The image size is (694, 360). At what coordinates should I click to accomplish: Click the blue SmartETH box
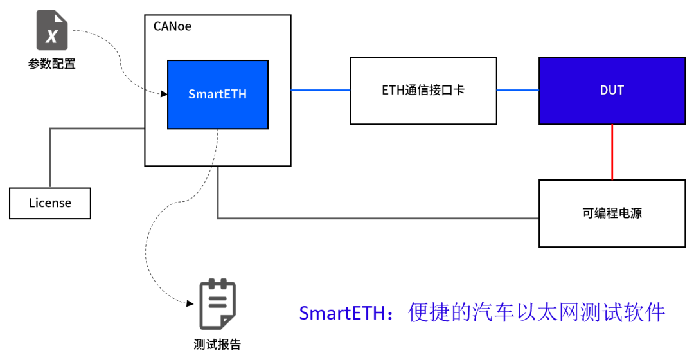click(x=217, y=94)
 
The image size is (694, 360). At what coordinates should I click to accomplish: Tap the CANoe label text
click(x=172, y=27)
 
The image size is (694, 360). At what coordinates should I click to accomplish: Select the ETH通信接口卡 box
click(x=423, y=91)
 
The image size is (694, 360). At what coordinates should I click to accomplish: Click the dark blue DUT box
click(x=612, y=90)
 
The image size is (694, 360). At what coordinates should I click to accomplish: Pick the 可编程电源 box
click(x=612, y=213)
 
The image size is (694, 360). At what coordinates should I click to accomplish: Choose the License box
click(x=50, y=203)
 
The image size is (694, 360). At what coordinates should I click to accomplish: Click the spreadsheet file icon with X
click(x=51, y=31)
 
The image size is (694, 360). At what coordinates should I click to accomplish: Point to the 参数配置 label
click(x=51, y=64)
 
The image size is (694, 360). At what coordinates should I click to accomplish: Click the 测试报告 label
click(x=217, y=345)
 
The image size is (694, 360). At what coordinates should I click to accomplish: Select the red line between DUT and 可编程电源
click(x=612, y=152)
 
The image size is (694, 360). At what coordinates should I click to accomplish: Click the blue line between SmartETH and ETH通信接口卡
click(x=320, y=91)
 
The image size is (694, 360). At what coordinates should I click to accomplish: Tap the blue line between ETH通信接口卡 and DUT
click(x=517, y=91)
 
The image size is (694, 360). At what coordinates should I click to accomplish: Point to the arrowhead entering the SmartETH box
click(x=164, y=94)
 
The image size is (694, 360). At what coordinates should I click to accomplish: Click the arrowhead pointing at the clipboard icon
click(x=190, y=302)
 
